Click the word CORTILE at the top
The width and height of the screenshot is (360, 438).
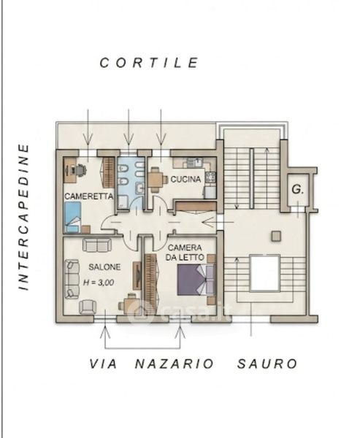tap(149, 63)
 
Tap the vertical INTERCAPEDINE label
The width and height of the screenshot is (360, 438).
tap(24, 217)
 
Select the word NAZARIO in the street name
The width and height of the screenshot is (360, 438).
tap(175, 364)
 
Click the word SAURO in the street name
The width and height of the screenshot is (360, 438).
tap(267, 364)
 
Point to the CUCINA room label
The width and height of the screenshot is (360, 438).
tap(186, 179)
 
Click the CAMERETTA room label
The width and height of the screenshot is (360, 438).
tap(89, 196)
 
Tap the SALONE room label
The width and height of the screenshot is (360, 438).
tap(104, 267)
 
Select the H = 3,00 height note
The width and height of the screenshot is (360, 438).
tap(99, 283)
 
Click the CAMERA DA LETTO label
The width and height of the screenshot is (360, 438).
tap(185, 253)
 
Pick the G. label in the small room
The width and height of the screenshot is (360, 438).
tap(298, 190)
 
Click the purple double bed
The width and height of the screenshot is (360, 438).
tap(196, 280)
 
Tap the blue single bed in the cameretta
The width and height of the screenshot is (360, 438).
tap(73, 218)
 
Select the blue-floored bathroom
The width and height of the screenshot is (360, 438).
tap(131, 183)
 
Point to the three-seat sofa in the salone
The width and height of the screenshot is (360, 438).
tap(72, 279)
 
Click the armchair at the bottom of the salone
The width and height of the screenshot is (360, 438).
tap(88, 307)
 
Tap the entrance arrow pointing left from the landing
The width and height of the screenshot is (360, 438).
tap(218, 223)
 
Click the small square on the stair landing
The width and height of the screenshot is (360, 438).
tap(276, 236)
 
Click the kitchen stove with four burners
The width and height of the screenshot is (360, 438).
tap(210, 177)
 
